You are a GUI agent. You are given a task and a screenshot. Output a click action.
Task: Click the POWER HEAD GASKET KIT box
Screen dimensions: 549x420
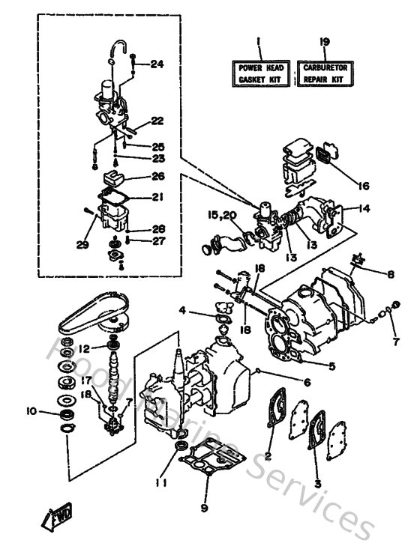(x=259, y=73)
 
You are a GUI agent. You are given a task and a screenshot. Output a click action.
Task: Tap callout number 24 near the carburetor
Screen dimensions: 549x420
(x=156, y=64)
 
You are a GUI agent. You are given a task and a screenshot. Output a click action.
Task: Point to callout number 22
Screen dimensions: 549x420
(x=156, y=120)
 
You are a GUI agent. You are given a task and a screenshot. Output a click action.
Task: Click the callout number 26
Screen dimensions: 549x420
(x=156, y=177)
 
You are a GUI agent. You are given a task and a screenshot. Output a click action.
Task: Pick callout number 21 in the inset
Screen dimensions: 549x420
(x=156, y=197)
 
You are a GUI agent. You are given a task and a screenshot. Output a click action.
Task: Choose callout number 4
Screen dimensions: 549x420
(x=182, y=309)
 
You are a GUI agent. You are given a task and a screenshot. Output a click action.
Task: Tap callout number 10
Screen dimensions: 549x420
(x=31, y=410)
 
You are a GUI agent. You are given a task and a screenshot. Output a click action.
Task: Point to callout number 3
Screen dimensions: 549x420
(x=317, y=484)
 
